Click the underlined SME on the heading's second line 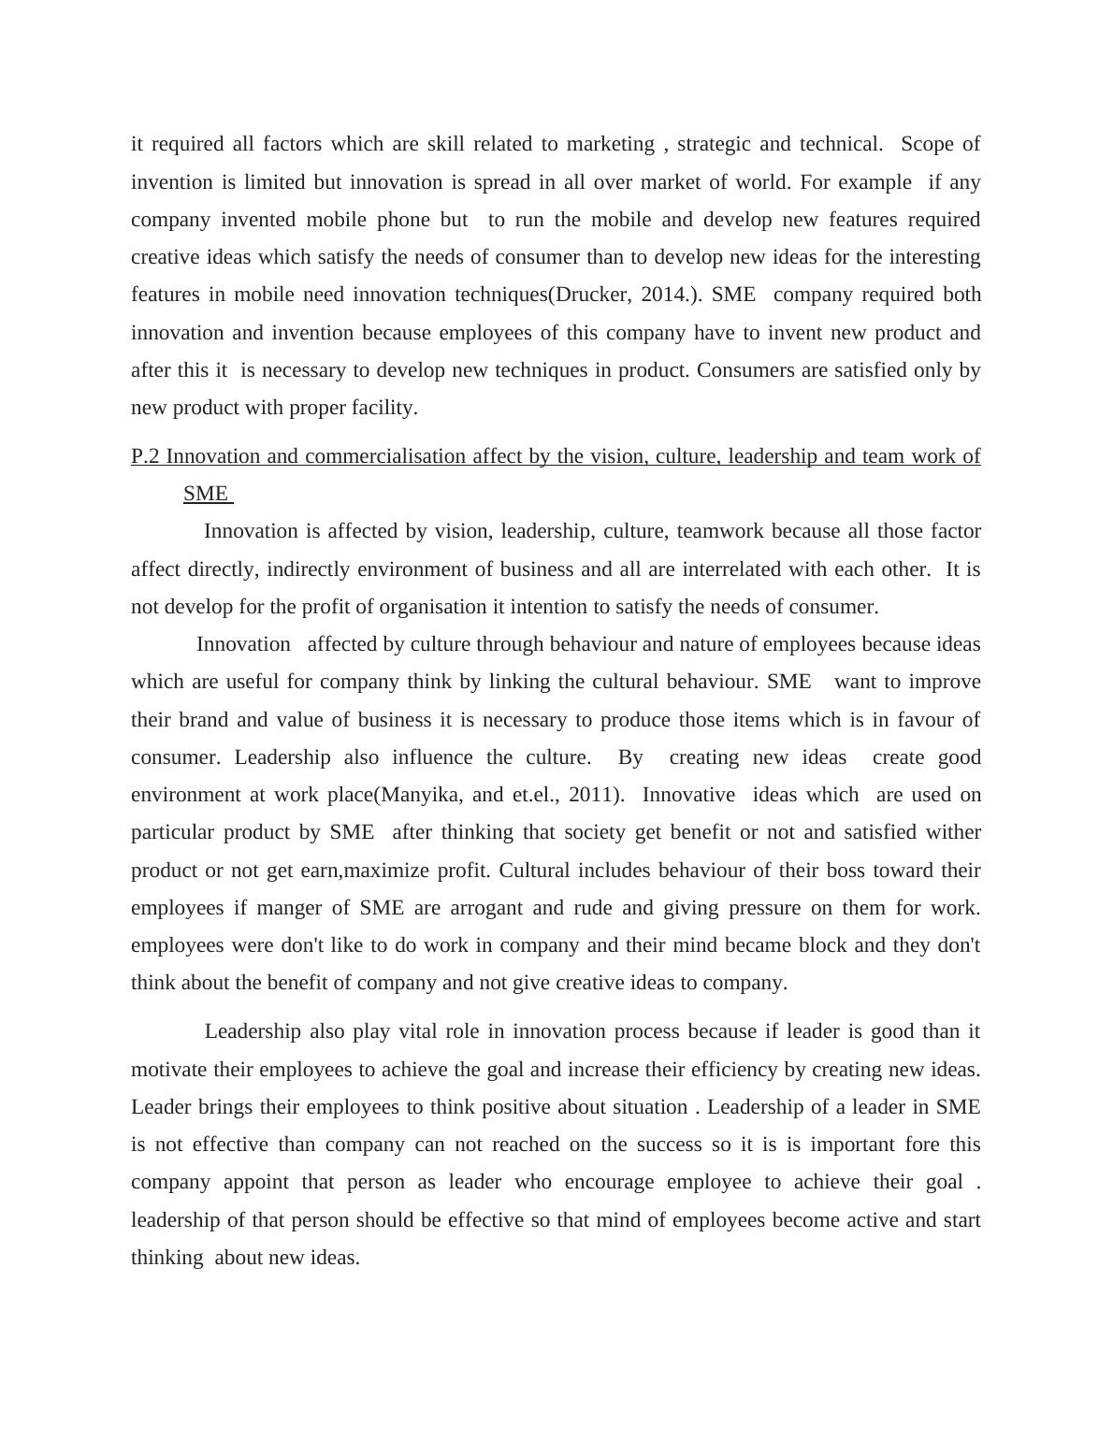pos(206,494)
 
